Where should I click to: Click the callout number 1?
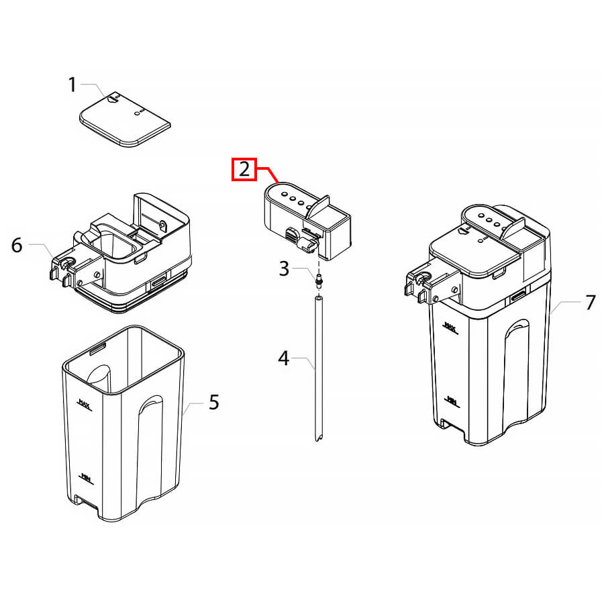pos(72,85)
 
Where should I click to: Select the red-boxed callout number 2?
pos(244,169)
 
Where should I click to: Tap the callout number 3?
pos(284,268)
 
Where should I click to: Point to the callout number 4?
pos(283,358)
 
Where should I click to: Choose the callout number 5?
pos(214,402)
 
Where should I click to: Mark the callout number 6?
pos(17,246)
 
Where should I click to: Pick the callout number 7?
pos(591,303)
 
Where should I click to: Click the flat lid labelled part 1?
pos(125,119)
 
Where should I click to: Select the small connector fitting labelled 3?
pos(319,281)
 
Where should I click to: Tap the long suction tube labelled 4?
pos(319,368)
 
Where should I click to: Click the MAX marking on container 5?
pos(85,405)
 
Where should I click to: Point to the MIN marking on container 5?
pos(87,478)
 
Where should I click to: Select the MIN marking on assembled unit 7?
pos(452,401)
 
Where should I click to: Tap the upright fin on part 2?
pos(318,207)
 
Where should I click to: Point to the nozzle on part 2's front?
pos(307,245)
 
